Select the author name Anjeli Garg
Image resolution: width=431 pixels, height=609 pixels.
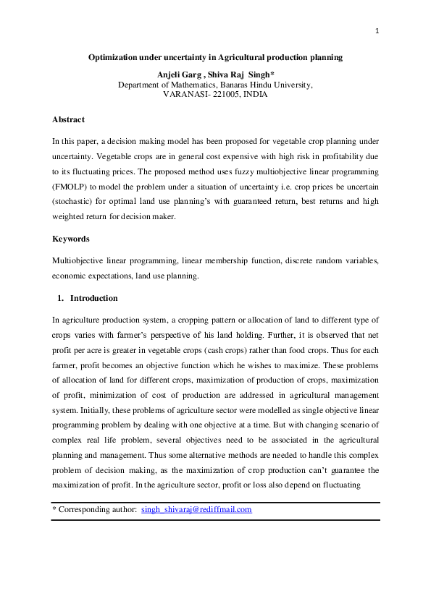[177, 74]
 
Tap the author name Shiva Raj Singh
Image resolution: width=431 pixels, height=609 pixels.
[242, 74]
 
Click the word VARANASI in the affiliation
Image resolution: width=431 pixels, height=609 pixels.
[185, 94]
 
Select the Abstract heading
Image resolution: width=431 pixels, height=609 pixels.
[69, 119]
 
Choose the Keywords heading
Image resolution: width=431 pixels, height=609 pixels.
[72, 239]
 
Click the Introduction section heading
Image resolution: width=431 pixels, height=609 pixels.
[93, 298]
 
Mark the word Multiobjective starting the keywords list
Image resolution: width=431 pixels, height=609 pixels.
[78, 260]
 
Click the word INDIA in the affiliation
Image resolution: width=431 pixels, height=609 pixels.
[256, 94]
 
